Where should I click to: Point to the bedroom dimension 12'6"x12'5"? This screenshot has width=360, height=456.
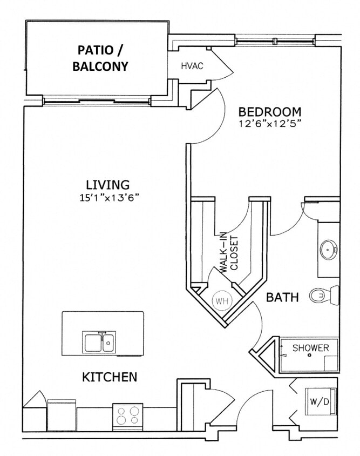[x=269, y=123]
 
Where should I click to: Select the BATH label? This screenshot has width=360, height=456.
[x=282, y=297]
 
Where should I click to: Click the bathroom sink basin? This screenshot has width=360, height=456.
[x=328, y=250]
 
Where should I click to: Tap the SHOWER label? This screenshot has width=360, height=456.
[x=310, y=348]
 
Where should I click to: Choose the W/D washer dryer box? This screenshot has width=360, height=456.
[x=316, y=401]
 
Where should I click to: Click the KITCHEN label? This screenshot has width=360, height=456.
[x=109, y=377]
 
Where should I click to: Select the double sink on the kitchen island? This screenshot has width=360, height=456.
[x=99, y=341]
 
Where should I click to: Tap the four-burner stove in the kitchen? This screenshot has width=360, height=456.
[x=128, y=417]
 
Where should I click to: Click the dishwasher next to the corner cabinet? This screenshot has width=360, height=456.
[x=62, y=414]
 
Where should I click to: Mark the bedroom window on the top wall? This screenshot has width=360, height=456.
[x=274, y=41]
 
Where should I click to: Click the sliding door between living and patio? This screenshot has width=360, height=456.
[x=97, y=101]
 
